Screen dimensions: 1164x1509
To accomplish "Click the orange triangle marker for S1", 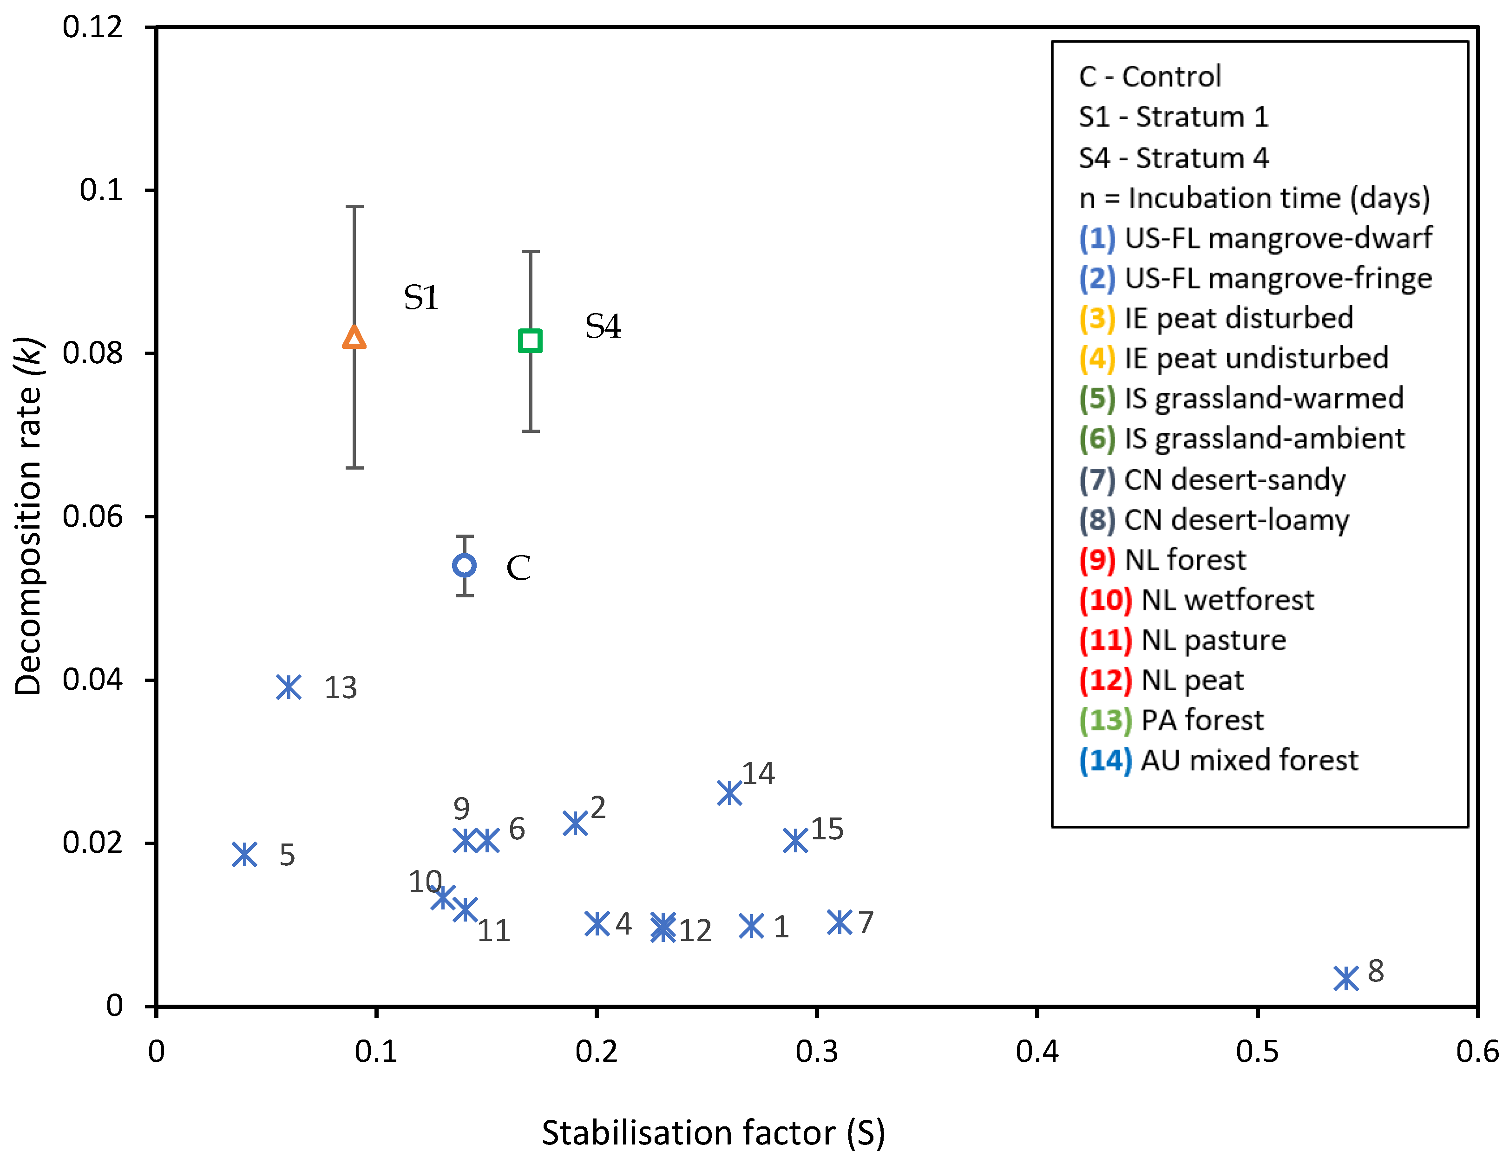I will coord(354,338).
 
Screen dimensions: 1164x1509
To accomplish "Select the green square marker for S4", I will coord(530,340).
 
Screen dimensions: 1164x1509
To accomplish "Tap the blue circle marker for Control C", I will coord(464,566).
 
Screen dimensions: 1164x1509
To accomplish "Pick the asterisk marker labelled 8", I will coord(1346,978).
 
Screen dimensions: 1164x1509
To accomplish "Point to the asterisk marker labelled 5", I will coord(244,855).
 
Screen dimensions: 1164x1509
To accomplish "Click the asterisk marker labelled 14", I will coord(729,793).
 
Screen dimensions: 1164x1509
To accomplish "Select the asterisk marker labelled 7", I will coord(840,922).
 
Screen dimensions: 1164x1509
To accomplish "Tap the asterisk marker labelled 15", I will coord(796,841).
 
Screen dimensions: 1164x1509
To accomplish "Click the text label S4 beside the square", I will coord(603,326).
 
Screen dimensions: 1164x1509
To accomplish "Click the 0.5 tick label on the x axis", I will coord(1257,1052).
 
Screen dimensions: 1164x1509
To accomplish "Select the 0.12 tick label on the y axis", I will coord(92,27).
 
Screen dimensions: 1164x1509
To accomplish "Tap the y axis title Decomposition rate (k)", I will coord(29,516).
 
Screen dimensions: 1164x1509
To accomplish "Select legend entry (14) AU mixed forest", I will coord(1219,760).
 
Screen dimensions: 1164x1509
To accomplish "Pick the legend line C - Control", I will coord(1150,77).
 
